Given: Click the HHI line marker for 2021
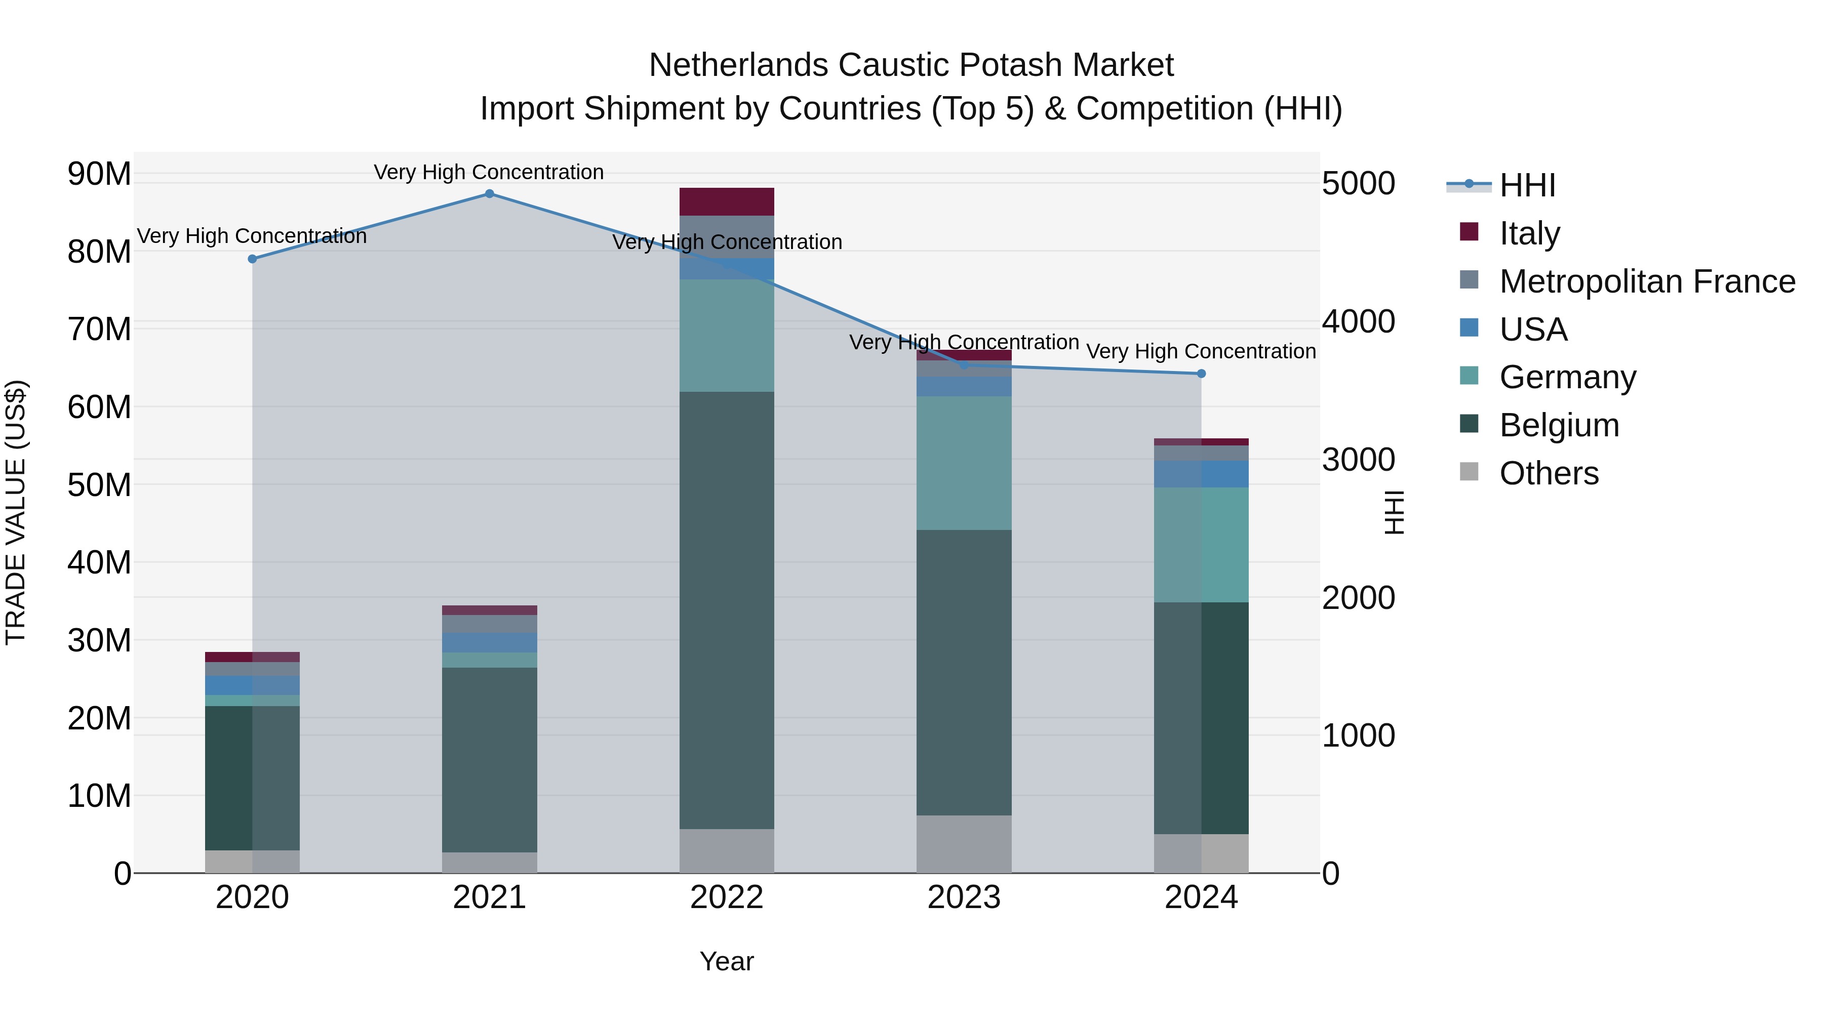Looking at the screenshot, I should coord(489,194).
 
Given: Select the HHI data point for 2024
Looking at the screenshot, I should coord(1201,374).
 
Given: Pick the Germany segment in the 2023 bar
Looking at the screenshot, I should coord(964,463).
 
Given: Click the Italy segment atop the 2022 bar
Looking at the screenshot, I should coord(727,201).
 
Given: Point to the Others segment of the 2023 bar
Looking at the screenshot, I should coord(964,844).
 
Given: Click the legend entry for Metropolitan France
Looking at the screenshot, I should coord(1647,281).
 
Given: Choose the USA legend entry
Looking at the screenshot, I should coord(1533,330).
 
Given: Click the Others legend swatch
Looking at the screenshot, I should coord(1469,472).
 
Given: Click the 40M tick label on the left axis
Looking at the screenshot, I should coord(99,563).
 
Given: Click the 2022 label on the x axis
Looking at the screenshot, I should coord(727,897).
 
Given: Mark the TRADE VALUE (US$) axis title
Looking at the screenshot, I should coord(16,512).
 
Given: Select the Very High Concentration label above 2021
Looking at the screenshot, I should coord(489,172).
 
